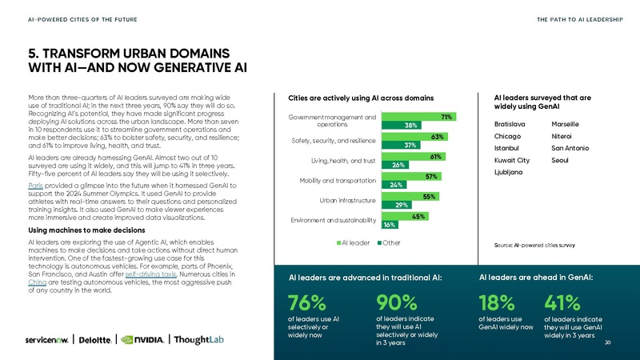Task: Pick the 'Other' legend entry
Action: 390,242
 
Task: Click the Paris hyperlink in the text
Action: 34,182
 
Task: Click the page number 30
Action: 609,342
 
